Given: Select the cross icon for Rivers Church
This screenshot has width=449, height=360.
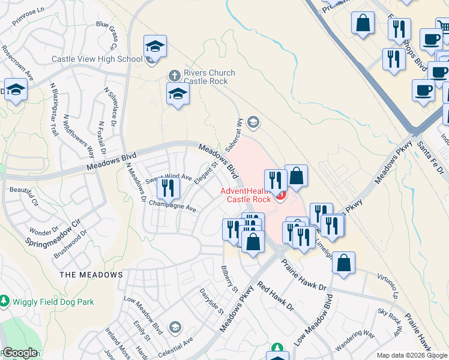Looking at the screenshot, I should (x=173, y=76).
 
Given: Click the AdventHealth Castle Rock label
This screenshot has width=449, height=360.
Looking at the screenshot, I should (x=245, y=195).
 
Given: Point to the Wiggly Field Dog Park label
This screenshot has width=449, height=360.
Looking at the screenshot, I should (x=52, y=301).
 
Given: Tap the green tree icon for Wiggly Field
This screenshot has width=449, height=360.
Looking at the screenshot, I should (x=5, y=299).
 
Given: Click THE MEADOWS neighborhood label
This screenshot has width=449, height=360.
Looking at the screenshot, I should (x=91, y=275).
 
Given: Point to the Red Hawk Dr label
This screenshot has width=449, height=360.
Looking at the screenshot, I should (x=275, y=296).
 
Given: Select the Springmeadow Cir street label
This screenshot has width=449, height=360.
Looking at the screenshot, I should (x=53, y=233).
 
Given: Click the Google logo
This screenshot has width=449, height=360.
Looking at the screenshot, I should (x=20, y=353).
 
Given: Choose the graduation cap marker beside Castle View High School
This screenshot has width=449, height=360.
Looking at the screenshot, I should (x=155, y=47).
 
